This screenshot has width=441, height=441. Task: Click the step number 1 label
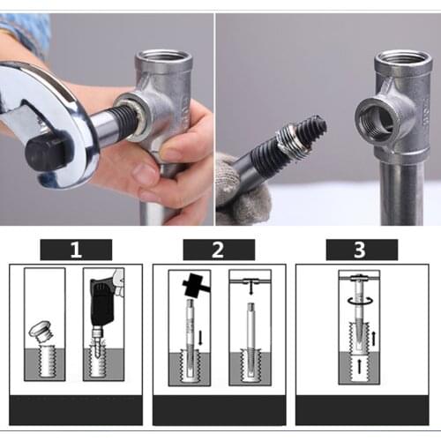tap(76, 250)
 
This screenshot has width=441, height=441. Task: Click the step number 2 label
tap(219, 250)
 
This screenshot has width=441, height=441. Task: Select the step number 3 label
tap(360, 250)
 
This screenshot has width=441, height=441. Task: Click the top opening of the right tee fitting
tap(402, 61)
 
